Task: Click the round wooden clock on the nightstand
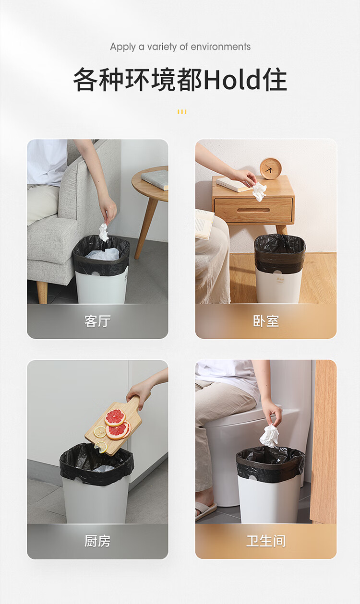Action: coord(270,169)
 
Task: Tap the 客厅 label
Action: coord(97,321)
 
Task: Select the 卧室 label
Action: coord(266,321)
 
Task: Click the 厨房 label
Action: coord(97,541)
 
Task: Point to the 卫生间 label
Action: coord(266,541)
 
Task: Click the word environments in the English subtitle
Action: coord(220,47)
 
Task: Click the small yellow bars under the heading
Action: coord(182,112)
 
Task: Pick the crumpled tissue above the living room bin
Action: coord(104,232)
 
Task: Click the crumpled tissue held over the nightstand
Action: coord(259,191)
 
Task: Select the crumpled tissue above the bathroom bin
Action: coord(270,436)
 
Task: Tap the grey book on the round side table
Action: coord(155,179)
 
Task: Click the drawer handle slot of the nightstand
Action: coord(253,210)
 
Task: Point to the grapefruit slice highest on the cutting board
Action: coord(115,417)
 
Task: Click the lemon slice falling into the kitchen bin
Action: coord(101,447)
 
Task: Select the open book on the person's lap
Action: coord(204,225)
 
